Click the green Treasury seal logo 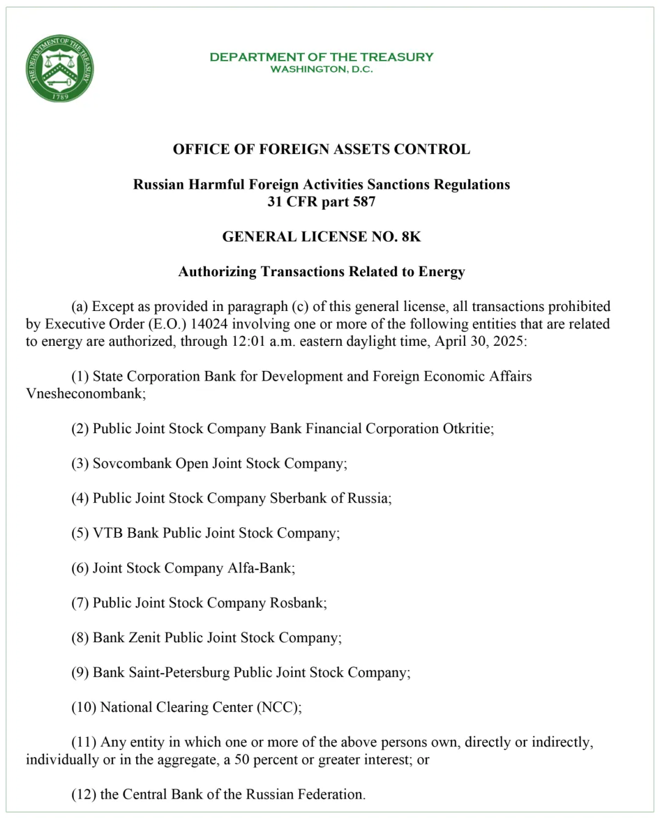point(60,68)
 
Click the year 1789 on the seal point(60,97)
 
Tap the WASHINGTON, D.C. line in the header point(321,69)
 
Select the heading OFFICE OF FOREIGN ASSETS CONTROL point(321,150)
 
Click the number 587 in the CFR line point(364,202)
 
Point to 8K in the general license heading point(411,236)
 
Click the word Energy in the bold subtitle point(441,272)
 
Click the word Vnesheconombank point(84,393)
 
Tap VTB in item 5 point(108,533)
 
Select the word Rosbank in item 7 point(297,603)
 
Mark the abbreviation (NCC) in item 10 point(279,707)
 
